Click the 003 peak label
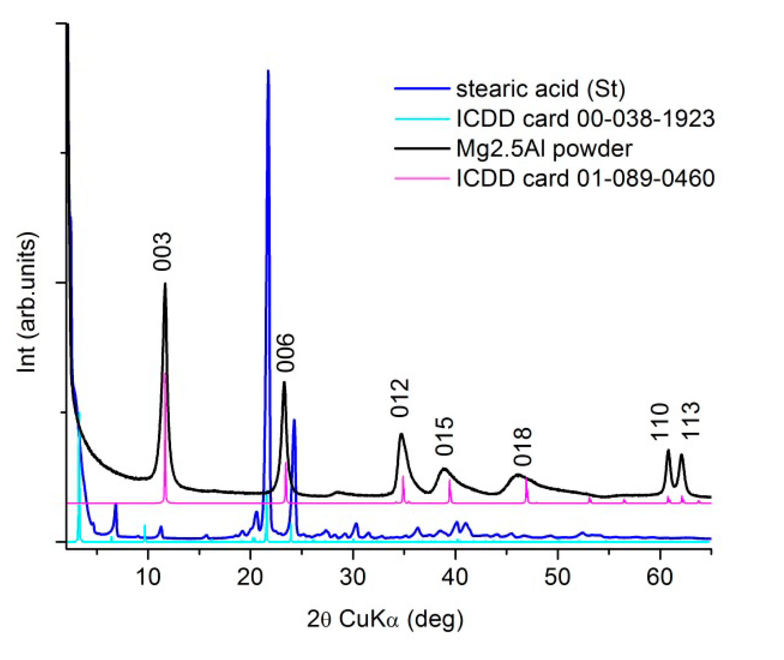pos(162,252)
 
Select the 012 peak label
pos(400,398)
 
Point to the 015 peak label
pos(444,436)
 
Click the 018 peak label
pos(523,446)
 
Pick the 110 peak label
pos(660,421)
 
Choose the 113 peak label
pos(691,420)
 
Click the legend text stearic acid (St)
pos(540,89)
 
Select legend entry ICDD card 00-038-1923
pos(585,118)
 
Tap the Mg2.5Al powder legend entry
pos(544,148)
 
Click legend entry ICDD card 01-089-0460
pos(585,178)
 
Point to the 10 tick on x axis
pos(148,577)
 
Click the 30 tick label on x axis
pos(352,577)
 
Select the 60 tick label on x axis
pos(659,577)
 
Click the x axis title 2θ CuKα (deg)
pos(385,619)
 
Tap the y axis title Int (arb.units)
pos(27,302)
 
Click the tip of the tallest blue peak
pos(268,71)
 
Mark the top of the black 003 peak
pos(165,284)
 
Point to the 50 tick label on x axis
pos(557,577)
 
